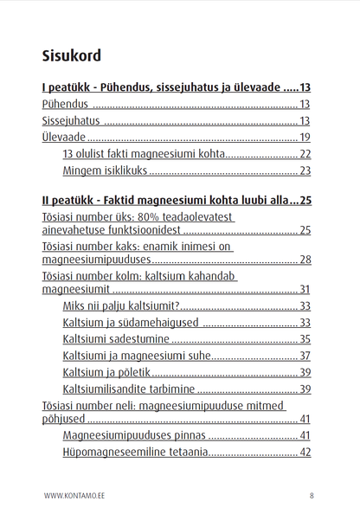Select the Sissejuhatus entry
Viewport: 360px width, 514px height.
point(71,121)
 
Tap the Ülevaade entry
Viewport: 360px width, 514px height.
point(63,138)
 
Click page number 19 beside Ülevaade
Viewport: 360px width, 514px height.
point(305,138)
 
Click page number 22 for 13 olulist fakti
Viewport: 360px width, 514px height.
point(305,154)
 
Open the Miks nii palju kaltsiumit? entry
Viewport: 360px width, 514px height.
point(121,306)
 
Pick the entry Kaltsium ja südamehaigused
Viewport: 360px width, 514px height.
point(131,323)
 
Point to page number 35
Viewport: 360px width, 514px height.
point(305,339)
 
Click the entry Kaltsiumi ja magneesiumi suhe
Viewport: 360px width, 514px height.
point(136,356)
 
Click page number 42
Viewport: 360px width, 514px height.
point(305,452)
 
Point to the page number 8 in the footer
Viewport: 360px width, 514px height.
point(311,496)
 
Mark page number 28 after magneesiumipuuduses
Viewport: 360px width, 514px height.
point(305,260)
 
